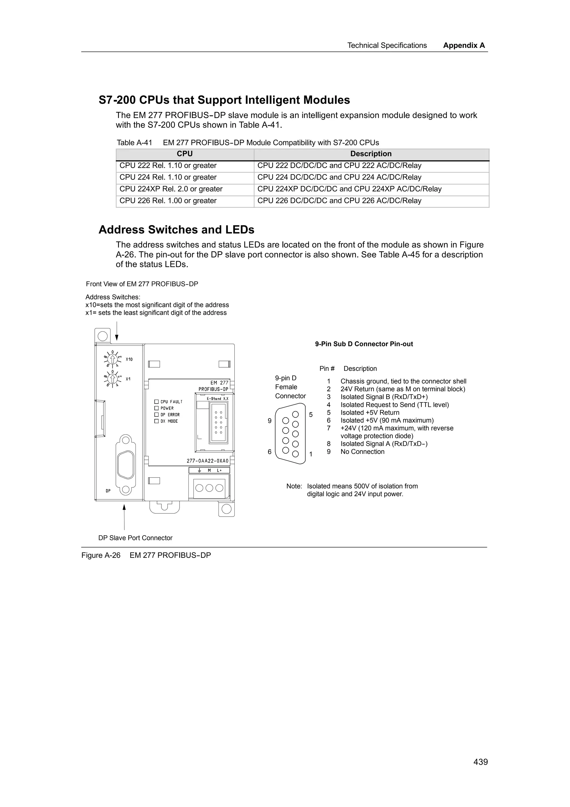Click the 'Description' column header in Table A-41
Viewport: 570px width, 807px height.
click(x=371, y=154)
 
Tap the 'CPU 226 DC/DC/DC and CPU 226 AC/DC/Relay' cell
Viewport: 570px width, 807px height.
click(x=339, y=201)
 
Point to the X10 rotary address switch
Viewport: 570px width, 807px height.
click(x=112, y=359)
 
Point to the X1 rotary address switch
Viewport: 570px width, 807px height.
click(x=112, y=378)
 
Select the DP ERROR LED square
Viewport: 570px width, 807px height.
click(x=157, y=415)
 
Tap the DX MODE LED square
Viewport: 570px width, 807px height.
click(x=157, y=421)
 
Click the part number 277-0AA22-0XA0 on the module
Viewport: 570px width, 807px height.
click(x=207, y=461)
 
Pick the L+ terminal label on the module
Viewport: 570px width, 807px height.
click(x=219, y=470)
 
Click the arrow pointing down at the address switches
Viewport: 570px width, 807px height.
click(x=117, y=338)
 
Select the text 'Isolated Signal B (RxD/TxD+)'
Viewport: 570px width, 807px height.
click(x=384, y=397)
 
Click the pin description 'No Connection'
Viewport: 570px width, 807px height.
click(x=362, y=452)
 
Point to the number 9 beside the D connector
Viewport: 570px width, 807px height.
click(x=270, y=421)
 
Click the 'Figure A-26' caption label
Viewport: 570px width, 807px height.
click(x=101, y=555)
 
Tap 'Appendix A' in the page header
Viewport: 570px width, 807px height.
click(x=464, y=45)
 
